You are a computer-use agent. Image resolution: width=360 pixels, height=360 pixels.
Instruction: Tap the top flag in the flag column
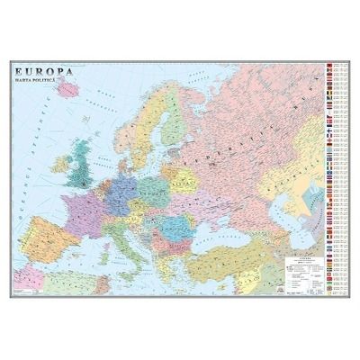tap(336, 67)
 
